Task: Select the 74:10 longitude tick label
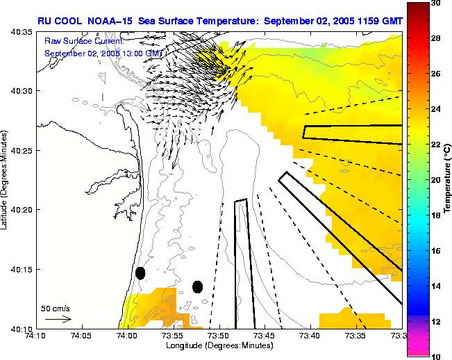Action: point(36,335)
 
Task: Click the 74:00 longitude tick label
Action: point(127,335)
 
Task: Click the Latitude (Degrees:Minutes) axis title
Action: point(6,180)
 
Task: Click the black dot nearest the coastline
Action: point(140,273)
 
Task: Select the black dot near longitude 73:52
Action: point(197,286)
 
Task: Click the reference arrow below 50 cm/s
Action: point(58,319)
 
